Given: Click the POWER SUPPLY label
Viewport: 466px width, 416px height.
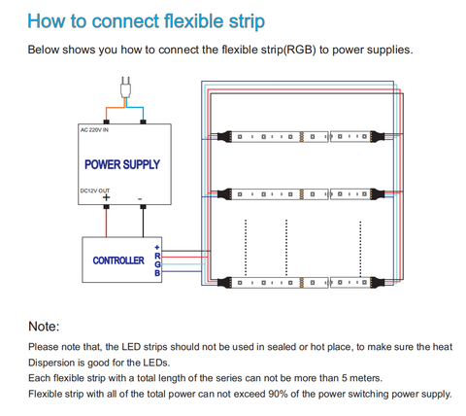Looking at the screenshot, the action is [122, 164].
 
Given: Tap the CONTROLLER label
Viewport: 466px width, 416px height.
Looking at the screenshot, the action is [118, 260].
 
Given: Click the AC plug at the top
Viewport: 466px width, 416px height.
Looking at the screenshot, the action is [125, 87].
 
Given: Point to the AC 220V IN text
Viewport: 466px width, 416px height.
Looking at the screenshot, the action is [94, 130].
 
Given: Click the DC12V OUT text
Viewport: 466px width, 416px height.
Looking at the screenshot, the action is [95, 191].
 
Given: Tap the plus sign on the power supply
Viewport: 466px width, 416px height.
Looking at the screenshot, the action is [106, 197].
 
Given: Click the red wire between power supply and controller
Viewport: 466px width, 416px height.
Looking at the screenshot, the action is [106, 223].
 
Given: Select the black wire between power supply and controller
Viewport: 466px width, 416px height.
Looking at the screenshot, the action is [143, 223].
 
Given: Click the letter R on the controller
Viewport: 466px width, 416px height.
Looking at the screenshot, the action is [157, 257].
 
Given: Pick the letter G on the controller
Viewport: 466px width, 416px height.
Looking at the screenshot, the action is [157, 264].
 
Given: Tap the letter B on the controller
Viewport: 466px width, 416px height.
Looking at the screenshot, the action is [157, 273].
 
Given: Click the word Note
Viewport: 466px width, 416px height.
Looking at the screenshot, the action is [44, 327].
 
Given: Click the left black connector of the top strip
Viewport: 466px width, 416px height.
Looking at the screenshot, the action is [224, 136].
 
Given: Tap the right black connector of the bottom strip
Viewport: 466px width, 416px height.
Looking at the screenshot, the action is [378, 283].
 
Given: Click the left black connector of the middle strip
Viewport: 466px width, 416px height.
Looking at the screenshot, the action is [224, 194].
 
